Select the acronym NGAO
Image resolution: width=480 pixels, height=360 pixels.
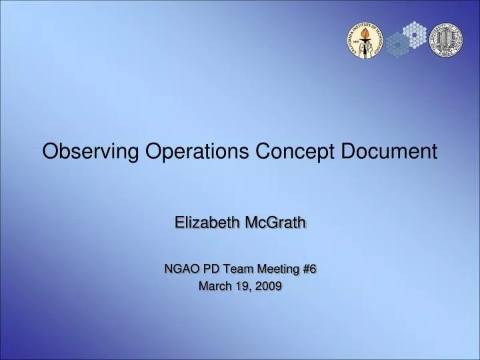[181, 269]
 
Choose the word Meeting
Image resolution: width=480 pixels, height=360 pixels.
[278, 269]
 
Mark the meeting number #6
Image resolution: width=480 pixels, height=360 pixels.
[309, 269]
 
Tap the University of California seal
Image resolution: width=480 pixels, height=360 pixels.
[446, 40]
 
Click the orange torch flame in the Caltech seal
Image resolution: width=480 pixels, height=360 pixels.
[365, 33]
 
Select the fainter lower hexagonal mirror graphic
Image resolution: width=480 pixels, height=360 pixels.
[398, 45]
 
